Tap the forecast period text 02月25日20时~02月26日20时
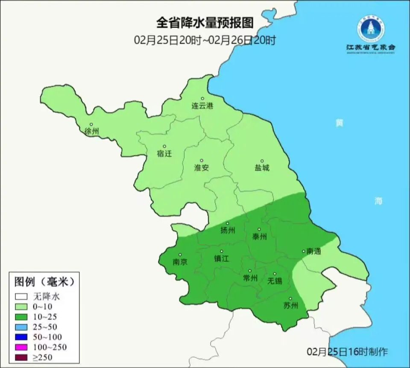pos(205,40)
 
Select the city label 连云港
pos(202,106)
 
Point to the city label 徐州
pos(91,131)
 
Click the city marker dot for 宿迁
pos(164,146)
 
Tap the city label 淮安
pos(202,168)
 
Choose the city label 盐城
pos(262,168)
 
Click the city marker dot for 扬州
pos(228,223)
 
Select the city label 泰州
pos(259,236)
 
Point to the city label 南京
pos(180,262)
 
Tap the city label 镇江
pos(221,259)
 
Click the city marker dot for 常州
pos(250,271)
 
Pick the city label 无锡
pos(275,281)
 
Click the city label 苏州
pos(290,306)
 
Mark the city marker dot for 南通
pos(304,251)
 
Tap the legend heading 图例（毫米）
pos(44,282)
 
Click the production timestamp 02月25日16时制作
pos(347,352)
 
